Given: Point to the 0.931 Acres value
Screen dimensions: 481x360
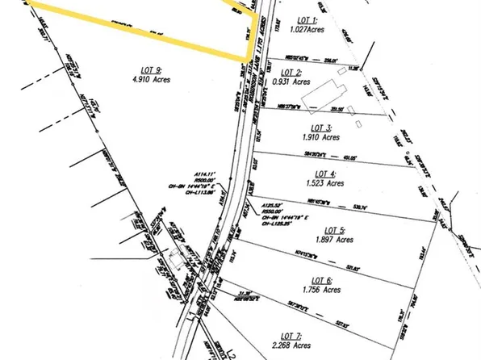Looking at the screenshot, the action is (291, 82).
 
